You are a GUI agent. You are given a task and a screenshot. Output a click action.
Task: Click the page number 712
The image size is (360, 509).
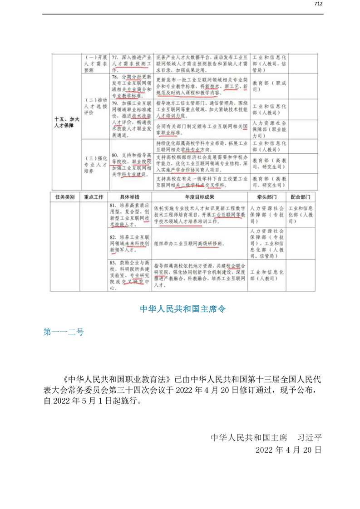pos(318,4)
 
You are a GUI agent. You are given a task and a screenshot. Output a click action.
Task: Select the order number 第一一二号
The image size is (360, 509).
pos(64,332)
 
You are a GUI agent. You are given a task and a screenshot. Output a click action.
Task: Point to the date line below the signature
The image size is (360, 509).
pos(288,450)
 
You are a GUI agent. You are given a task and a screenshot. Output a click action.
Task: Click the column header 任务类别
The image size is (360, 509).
pos(64,197)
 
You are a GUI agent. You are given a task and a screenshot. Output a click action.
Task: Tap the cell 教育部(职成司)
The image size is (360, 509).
pos(270,87)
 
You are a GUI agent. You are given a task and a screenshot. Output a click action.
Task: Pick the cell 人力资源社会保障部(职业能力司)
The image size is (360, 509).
pos(270,129)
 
